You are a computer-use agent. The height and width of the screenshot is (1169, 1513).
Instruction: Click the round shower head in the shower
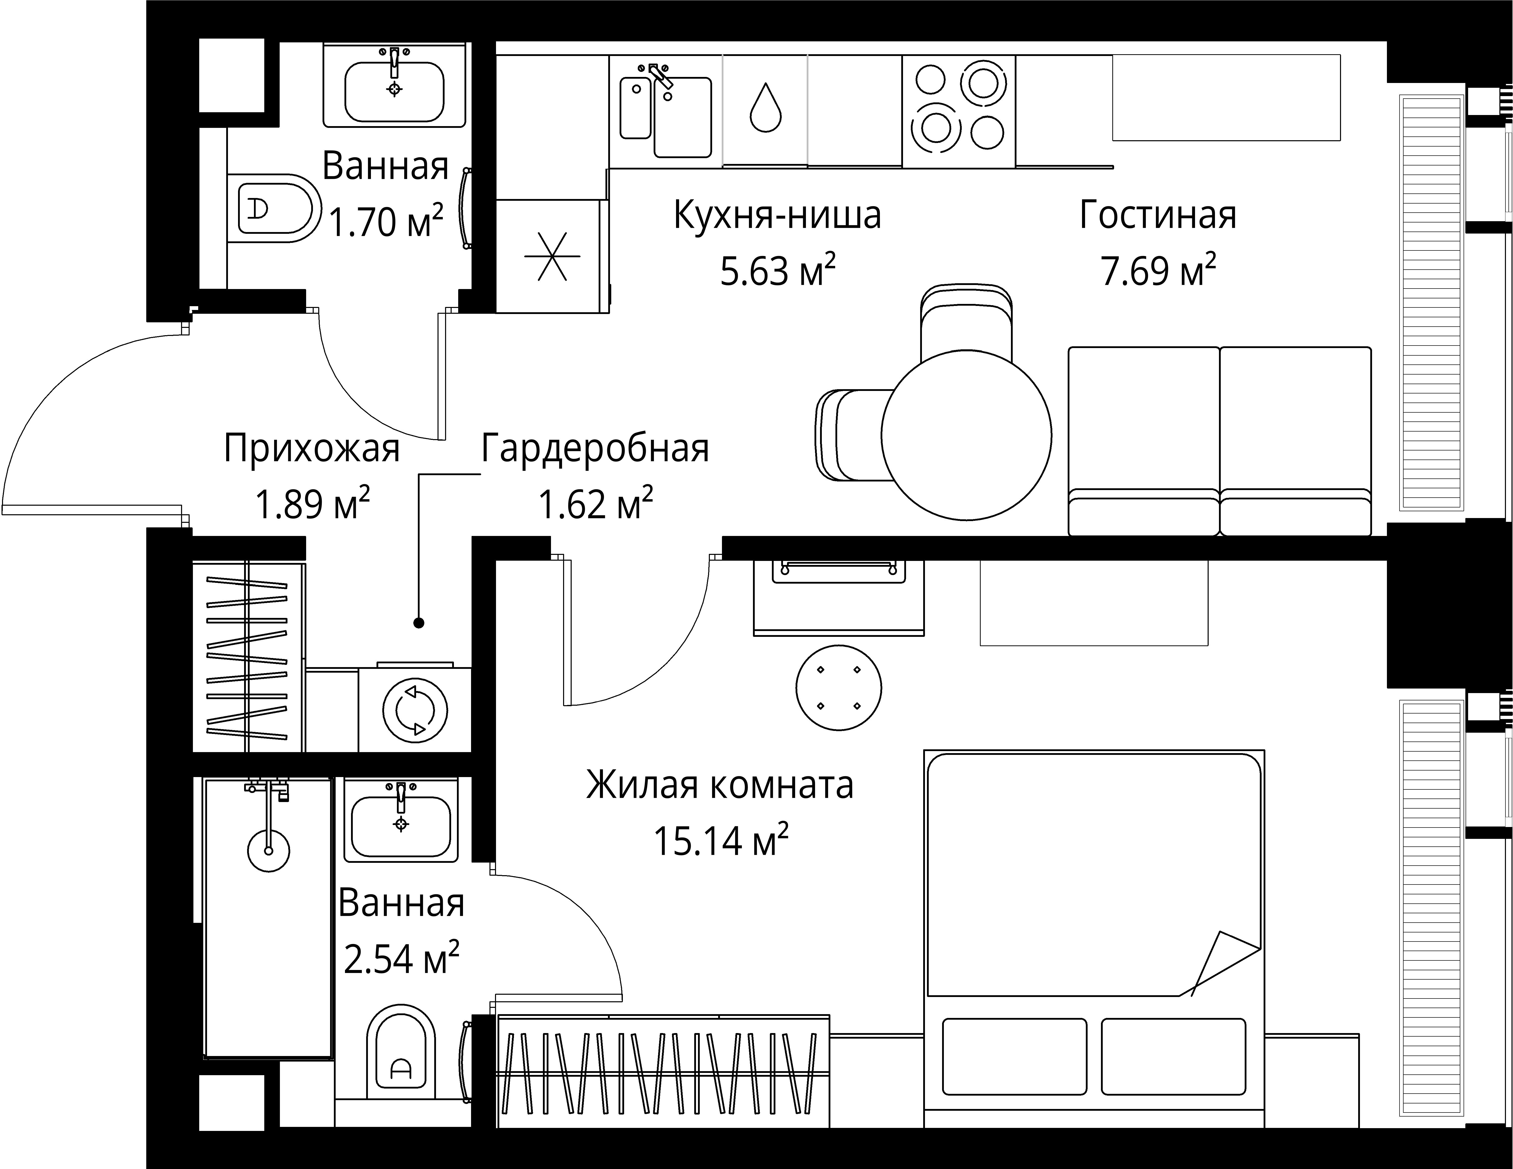[268, 850]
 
